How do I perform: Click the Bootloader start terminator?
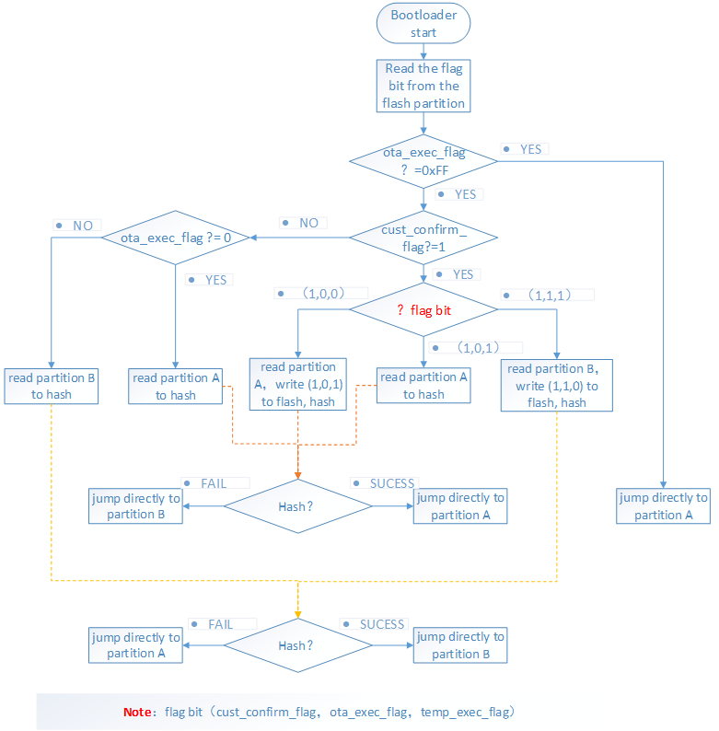coord(423,23)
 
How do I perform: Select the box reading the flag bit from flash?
coord(423,86)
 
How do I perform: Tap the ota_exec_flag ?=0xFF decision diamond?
coord(423,161)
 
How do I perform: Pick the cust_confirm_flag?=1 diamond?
coord(423,238)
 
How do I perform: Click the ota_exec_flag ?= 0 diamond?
coord(175,238)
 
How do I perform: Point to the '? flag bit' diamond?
coord(423,310)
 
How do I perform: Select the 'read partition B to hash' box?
coord(52,386)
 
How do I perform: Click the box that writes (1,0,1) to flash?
coord(298,385)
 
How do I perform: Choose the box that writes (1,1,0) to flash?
coord(557,385)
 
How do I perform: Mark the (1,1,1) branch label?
coord(551,295)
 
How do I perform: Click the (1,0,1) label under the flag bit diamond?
coord(479,348)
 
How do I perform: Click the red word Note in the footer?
coord(142,713)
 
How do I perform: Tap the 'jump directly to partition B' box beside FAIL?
coord(136,506)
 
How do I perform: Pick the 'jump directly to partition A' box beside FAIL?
coord(136,645)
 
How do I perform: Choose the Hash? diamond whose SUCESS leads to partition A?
coord(297,506)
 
